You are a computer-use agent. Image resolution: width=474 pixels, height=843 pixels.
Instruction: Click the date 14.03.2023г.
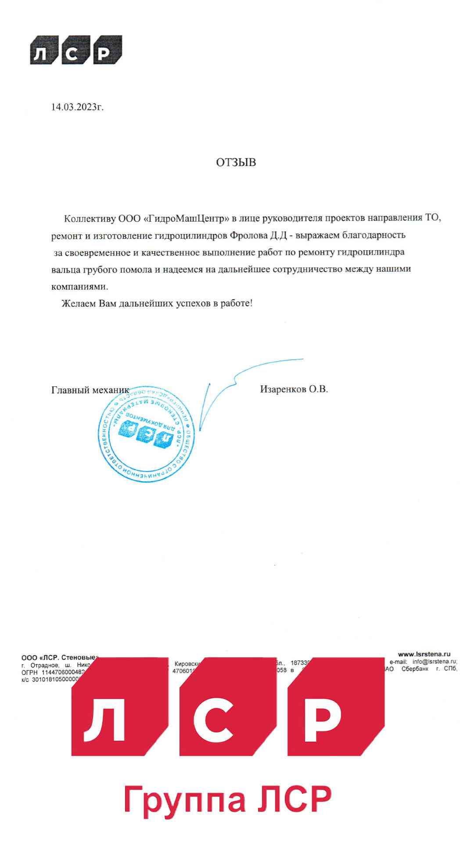pos(77,107)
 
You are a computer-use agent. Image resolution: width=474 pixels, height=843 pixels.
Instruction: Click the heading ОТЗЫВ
pos(236,162)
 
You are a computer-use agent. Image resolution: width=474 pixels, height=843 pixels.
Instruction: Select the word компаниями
pos(79,286)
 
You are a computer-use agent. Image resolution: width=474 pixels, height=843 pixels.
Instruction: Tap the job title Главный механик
pos(90,390)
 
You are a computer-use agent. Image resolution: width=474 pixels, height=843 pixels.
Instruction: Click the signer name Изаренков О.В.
pos(294,389)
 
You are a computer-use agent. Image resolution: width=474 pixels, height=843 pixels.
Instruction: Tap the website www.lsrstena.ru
pos(424,654)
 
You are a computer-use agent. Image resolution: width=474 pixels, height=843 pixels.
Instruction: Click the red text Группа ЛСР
pos(228,800)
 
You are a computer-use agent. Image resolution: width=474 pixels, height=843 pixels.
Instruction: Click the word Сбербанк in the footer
pos(414,669)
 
